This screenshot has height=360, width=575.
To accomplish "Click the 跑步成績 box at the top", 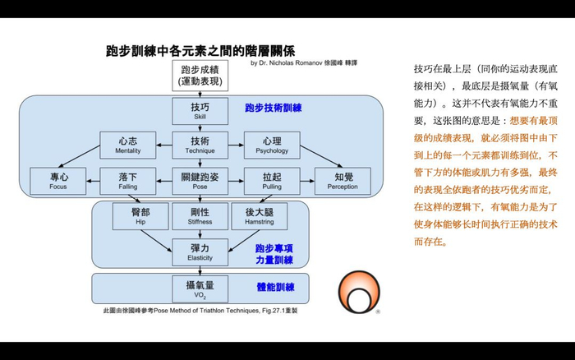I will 200,76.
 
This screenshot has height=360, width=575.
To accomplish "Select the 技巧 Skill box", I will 200,111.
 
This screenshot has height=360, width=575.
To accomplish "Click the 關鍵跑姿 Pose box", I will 200,179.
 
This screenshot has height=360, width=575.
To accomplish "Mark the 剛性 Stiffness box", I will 200,215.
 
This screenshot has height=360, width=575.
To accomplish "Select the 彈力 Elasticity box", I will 200,251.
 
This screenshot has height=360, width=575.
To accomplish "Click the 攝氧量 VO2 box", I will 200,288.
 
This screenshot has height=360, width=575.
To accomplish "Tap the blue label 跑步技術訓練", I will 274,108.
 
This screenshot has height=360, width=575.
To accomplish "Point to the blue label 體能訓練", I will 275,288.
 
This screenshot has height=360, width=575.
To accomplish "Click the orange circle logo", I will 361,294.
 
